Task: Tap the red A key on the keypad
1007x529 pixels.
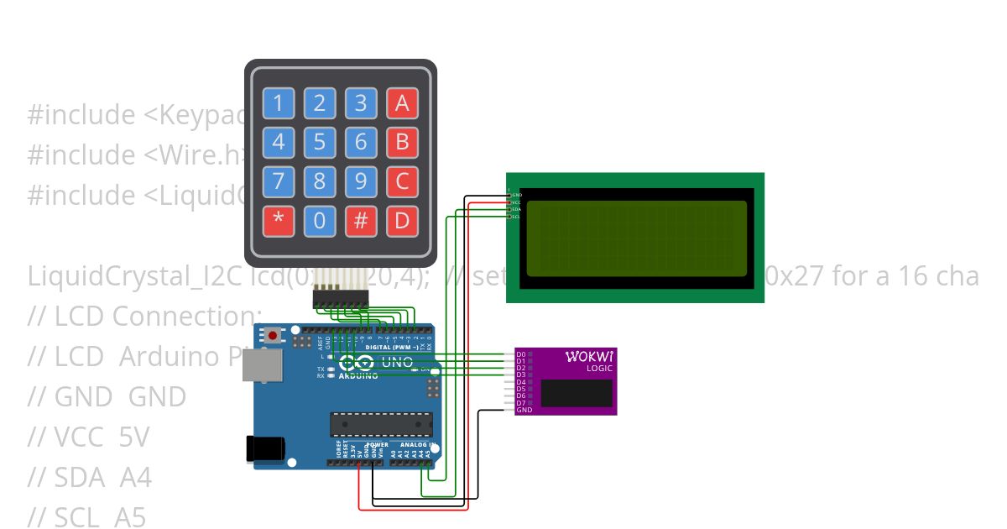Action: coord(402,103)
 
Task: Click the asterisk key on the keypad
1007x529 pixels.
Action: coord(279,222)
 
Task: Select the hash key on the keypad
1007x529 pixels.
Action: coord(361,222)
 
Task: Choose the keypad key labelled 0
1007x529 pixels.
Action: coord(320,222)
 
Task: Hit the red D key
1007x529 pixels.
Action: coord(402,222)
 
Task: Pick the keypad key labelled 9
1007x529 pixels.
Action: coord(361,182)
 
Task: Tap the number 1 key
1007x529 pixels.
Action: coord(279,103)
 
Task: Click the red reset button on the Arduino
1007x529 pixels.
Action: coord(273,336)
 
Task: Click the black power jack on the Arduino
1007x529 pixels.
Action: coord(263,448)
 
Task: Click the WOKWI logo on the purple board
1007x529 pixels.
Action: coord(588,357)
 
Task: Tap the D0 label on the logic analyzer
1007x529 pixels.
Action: coord(521,354)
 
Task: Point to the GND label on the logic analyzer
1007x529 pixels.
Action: coord(524,410)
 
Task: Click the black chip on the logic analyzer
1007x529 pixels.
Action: coord(576,393)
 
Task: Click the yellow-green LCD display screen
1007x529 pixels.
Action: coord(635,238)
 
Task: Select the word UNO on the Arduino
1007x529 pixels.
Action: coord(398,363)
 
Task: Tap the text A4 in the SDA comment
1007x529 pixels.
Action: coord(135,478)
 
